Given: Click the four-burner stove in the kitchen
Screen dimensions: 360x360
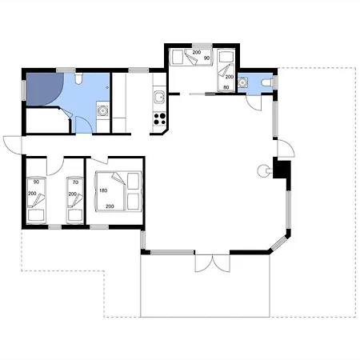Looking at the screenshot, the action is point(160,119).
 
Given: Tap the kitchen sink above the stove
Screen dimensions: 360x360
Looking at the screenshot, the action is point(159,97).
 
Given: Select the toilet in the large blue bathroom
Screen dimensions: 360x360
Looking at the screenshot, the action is point(78,79).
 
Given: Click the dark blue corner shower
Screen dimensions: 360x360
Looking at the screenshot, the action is point(45,89).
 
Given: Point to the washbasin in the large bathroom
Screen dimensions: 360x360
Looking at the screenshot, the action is point(102,110).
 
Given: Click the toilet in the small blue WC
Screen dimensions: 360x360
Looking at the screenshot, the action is point(267,83).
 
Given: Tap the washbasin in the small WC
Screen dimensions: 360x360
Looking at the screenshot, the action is point(242,82).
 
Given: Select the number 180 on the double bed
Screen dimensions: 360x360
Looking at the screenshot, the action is point(103,190).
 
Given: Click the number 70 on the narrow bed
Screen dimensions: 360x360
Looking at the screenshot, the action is point(75,182).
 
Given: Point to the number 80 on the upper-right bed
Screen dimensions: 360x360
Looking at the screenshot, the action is point(226,87).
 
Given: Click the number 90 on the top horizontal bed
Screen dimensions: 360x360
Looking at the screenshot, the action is point(206,58).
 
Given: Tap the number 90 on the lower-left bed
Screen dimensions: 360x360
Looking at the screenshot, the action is point(36,182).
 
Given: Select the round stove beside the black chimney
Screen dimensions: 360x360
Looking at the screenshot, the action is point(262,170).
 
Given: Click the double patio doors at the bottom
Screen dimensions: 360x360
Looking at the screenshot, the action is point(213,263).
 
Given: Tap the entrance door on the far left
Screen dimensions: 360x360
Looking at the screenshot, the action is point(12,145).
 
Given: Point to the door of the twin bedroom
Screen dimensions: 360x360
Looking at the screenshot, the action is point(55,166).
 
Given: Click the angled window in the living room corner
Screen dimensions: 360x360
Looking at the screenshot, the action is point(279,243).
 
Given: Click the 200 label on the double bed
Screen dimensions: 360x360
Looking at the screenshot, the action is point(110,206).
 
